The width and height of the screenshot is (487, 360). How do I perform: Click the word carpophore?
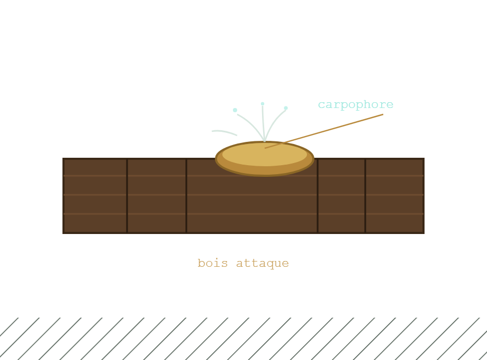356,105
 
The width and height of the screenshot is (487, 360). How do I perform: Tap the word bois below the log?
213,264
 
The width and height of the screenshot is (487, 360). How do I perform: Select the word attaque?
263,264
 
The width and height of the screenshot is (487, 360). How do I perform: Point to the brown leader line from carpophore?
324,131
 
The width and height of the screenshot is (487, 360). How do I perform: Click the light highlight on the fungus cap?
265,154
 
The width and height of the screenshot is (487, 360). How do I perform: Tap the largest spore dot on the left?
235,110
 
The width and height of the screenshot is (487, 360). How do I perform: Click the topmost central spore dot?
263,104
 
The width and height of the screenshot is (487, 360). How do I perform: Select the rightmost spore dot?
286,108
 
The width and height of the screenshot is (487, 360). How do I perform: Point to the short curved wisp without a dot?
224,132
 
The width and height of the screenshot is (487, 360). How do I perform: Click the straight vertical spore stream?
263,123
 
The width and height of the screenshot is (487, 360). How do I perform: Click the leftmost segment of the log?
95,196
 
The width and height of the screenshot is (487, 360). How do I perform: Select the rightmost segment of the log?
394,196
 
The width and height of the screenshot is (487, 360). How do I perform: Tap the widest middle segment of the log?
252,202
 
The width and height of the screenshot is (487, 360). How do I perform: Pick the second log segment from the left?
157,196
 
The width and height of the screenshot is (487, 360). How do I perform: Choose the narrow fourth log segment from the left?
341,196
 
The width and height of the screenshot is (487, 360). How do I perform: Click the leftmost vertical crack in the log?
128,196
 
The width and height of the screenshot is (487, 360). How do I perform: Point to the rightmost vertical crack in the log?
365,196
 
